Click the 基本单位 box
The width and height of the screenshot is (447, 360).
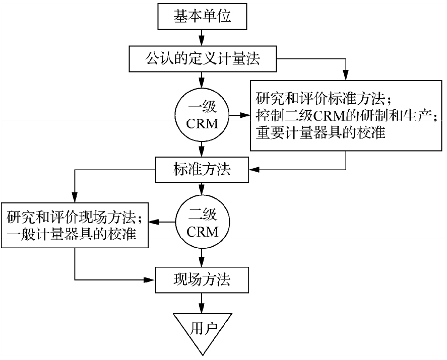click(202, 17)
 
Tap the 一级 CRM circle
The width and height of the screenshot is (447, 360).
click(202, 116)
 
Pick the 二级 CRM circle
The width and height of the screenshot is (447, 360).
click(202, 224)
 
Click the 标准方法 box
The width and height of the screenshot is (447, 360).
click(202, 169)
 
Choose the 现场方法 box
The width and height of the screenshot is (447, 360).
click(202, 278)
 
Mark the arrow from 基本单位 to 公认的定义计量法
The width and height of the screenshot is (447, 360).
click(202, 37)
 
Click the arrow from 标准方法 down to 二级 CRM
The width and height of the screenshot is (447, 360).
click(202, 189)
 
